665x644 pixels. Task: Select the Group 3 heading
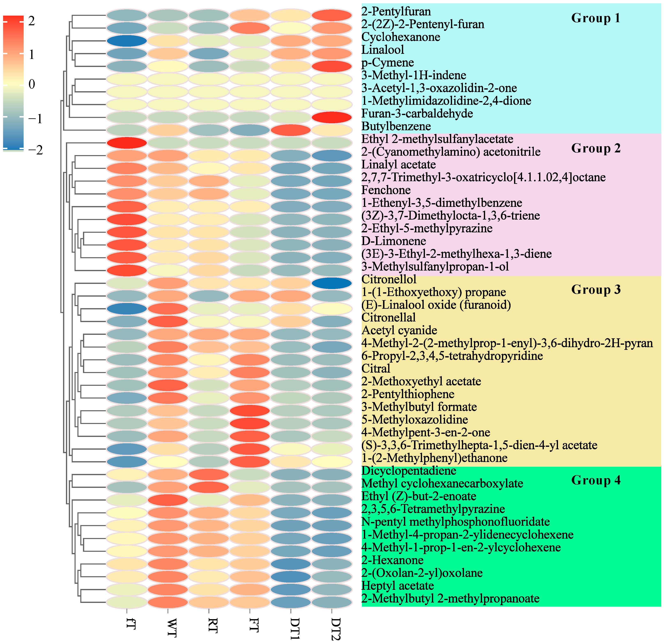[x=596, y=289]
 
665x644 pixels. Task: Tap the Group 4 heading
[x=596, y=480]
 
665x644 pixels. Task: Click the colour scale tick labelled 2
[x=32, y=21]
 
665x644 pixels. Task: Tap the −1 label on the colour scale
[x=35, y=119]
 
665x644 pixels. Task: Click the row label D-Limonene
[x=393, y=241]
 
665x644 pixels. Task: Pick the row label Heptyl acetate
[x=398, y=586]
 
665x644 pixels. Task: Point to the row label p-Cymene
[x=388, y=62]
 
